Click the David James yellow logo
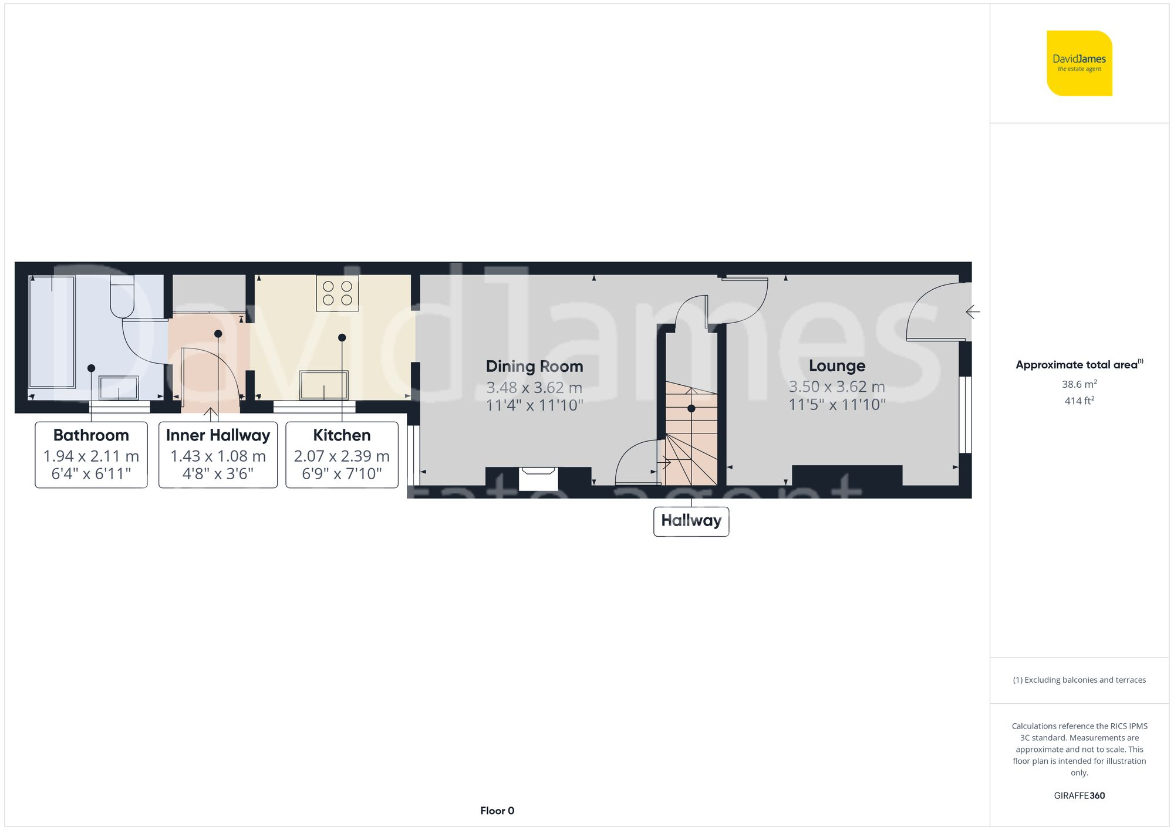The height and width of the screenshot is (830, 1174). coord(1079,63)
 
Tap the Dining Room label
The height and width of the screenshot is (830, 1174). coord(534,367)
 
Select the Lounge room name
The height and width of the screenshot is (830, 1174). coord(836,366)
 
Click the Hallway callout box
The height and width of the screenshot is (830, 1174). coord(691,521)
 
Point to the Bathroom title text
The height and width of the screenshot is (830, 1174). coord(91,435)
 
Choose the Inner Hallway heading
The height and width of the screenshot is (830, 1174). coord(218,435)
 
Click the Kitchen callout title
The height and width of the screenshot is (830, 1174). coord(342,435)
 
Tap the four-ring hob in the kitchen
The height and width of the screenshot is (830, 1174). coord(338,293)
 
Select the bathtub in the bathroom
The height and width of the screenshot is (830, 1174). coord(52,331)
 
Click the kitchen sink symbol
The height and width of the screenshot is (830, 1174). coord(324,385)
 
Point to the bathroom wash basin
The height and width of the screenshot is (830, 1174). coord(119,388)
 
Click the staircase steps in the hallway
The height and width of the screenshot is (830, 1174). coord(691,434)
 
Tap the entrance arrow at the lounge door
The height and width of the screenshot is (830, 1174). coord(973,312)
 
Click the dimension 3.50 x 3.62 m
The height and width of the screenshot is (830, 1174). coord(836,387)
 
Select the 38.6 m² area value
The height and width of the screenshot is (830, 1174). coord(1079,384)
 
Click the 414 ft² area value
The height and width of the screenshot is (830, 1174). coord(1079,401)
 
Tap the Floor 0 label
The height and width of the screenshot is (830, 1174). coord(497,811)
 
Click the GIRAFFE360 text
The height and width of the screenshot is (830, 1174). coord(1079,796)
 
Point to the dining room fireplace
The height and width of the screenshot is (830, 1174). coord(538,478)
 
